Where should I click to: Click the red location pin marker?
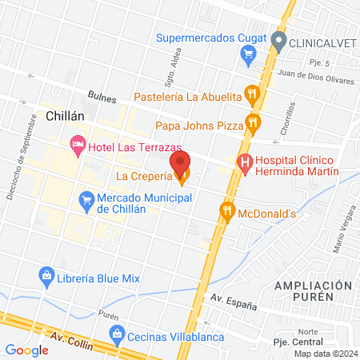[x=180, y=163]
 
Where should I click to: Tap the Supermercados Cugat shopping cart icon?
[x=248, y=54]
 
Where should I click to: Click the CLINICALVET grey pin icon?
[x=278, y=40]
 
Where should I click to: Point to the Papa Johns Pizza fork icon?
[x=253, y=122]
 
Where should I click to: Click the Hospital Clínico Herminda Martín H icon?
[x=245, y=165]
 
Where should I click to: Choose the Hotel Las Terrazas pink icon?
[x=78, y=146]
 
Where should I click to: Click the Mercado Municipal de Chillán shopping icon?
[x=86, y=198]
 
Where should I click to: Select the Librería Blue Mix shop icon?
[x=46, y=278]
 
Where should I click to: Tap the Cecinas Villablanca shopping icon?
[x=118, y=333]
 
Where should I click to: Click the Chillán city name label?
[x=66, y=116]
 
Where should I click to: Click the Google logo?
[x=26, y=350]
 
